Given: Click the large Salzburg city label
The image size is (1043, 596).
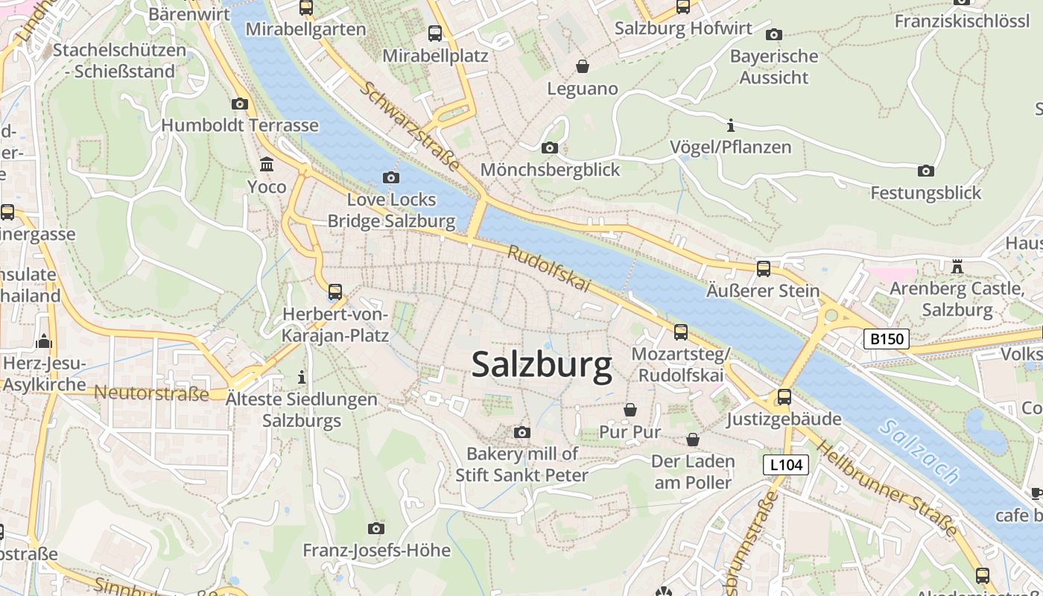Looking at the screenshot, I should coord(542,365).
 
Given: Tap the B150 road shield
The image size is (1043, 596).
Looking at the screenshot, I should coord(887,339).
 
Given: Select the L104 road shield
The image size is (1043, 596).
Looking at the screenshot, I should coord(786,466).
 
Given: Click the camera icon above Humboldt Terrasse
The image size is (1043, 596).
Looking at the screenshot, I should coord(239,104).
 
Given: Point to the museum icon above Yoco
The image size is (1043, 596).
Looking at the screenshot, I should coord(266,164).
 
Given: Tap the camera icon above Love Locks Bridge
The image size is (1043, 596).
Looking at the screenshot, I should coord(390,177).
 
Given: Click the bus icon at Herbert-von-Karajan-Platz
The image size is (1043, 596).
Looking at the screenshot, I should coord(335,292).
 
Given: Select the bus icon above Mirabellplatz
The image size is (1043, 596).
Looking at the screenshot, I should coord(435,34).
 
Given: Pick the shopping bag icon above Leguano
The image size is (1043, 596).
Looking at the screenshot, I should coord(583,67).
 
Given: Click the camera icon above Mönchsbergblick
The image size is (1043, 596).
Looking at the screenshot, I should coord(550,148).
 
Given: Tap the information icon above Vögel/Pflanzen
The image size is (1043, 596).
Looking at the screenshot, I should coord(730,125).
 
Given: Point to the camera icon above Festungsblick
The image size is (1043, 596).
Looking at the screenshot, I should coord(926,171).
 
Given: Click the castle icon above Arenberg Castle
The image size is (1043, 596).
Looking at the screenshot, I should coord(957,266).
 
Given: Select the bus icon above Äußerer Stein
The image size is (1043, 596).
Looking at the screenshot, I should coord(763,269).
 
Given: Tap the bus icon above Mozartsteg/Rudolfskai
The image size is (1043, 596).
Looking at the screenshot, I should coord(680,332).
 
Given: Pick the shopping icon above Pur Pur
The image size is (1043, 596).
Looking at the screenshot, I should coord(630,410).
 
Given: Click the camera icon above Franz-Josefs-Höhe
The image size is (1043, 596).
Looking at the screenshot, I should coord(376,529).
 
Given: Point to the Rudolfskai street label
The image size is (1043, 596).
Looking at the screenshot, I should coord(548,269).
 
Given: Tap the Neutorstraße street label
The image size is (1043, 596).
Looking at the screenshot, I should coord(151,393).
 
